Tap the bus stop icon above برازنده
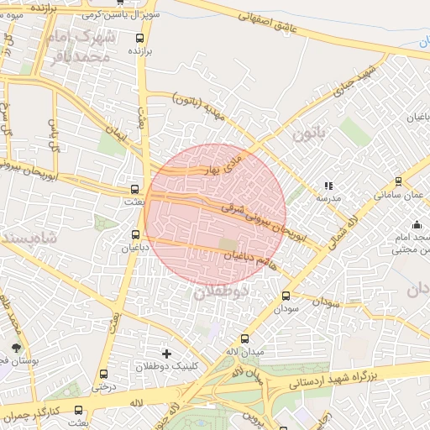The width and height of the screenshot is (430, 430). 139,37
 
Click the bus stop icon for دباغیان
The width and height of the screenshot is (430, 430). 136,234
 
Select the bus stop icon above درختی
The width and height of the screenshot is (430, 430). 104,375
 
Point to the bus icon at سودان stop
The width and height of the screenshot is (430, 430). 286,296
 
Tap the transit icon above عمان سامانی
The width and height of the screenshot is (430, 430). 398,181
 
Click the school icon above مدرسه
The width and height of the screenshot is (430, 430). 328,186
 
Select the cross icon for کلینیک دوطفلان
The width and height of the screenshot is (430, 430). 166,354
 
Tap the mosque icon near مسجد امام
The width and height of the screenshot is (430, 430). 417,224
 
